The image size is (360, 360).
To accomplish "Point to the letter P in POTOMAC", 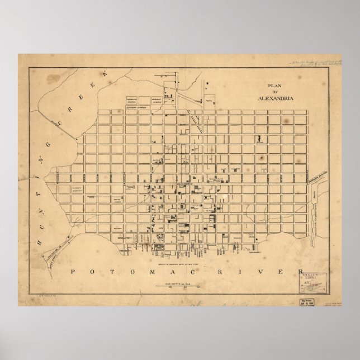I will [75, 272].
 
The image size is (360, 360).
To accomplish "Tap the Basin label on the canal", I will [314, 197].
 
